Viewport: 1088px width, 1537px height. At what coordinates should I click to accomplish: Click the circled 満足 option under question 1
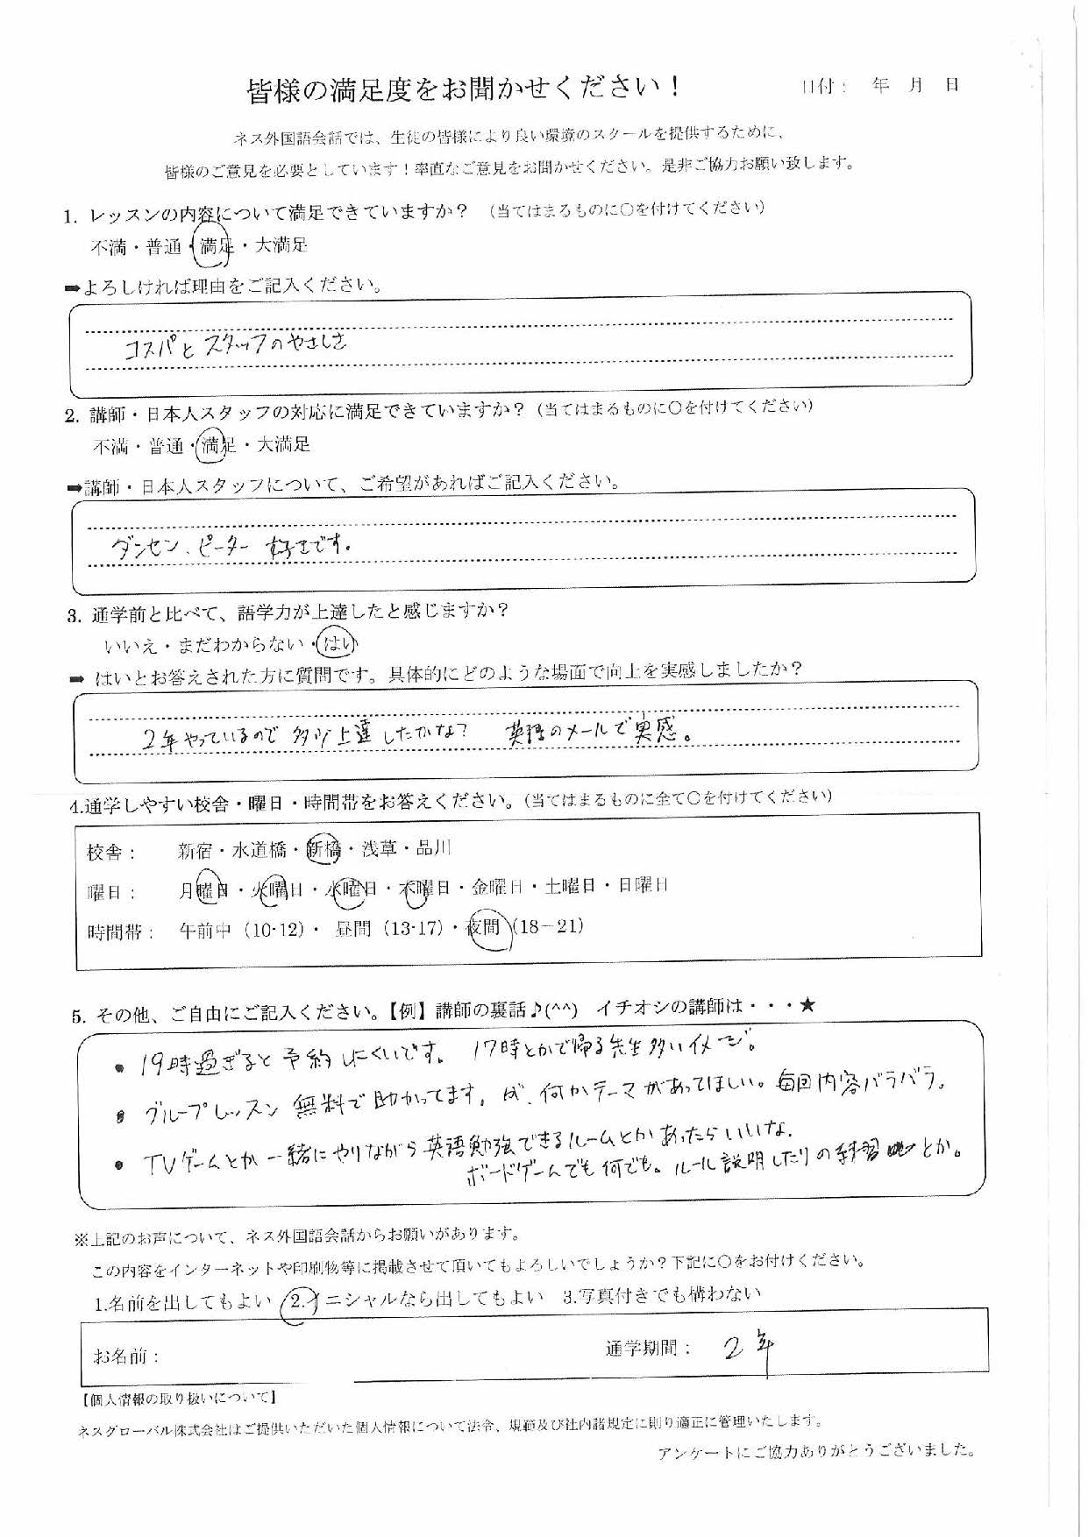coord(213,246)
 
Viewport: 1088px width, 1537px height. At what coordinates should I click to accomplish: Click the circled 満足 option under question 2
coord(215,446)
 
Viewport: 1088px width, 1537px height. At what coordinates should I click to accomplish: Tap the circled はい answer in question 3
coord(338,645)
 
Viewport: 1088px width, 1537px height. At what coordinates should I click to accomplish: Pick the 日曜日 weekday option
coord(643,886)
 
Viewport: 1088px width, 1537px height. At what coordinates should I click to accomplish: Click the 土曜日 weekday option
coord(569,887)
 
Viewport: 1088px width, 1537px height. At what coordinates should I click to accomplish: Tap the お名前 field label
coord(125,1356)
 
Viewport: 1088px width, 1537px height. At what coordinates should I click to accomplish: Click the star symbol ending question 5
coord(807,1006)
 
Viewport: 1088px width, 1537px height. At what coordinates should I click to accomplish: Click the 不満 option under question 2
coord(110,447)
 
